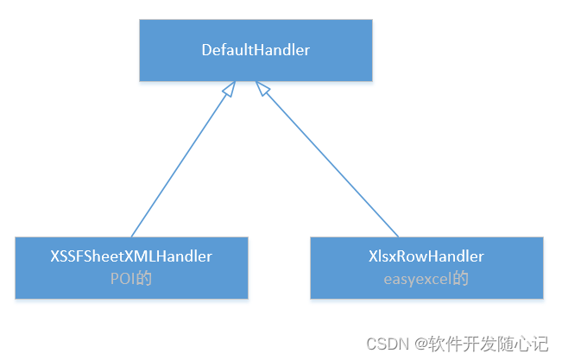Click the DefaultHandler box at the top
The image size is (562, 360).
point(256,50)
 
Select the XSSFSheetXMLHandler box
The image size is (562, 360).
point(131,268)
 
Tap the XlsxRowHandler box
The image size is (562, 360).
point(426,268)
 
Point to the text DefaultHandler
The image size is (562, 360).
point(256,50)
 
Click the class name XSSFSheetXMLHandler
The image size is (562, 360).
point(131,256)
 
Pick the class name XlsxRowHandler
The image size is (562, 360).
point(426,256)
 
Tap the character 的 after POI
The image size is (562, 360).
point(144,280)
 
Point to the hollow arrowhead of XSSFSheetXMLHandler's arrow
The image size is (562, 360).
point(229,88)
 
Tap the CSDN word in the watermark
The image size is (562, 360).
point(388,344)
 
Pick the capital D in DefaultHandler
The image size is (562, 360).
point(206,50)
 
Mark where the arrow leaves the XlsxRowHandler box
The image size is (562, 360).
point(398,236)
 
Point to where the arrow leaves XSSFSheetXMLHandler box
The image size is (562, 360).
point(131,236)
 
